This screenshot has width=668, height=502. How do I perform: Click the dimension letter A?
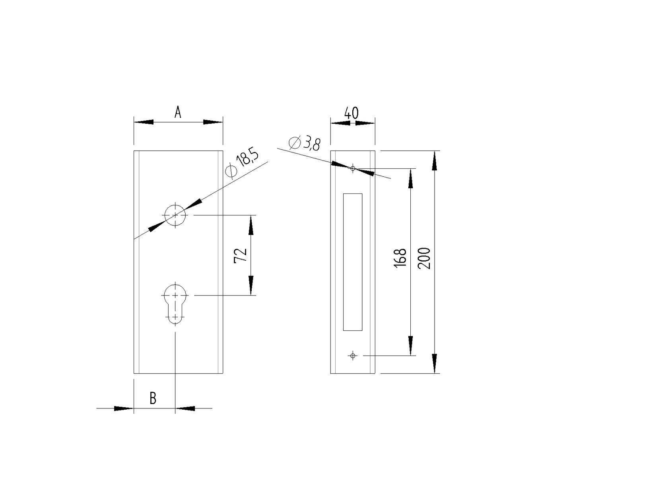[x=178, y=113]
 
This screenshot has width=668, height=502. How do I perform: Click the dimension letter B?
[x=153, y=398]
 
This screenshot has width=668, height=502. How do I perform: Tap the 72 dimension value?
[x=241, y=255]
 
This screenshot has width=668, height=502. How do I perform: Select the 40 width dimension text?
[x=351, y=113]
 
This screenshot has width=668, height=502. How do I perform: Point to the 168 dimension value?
[x=401, y=258]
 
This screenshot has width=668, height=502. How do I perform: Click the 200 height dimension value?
[x=425, y=258]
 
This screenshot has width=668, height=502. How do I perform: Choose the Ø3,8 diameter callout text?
[x=305, y=143]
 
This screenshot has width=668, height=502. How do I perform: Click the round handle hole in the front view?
[x=175, y=215]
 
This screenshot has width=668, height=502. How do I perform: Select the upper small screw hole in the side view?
[x=353, y=168]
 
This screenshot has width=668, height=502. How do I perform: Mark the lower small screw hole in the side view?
[x=353, y=356]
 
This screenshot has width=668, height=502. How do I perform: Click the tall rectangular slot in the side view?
[x=353, y=262]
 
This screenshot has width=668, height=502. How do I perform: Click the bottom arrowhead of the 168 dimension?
[x=410, y=346]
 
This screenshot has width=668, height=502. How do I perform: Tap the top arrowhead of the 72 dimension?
[x=251, y=225]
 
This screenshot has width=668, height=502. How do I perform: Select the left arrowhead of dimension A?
[x=144, y=122]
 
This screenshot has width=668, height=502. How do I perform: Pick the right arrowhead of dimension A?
[x=213, y=122]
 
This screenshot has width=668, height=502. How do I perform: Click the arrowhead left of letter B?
[x=124, y=408]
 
